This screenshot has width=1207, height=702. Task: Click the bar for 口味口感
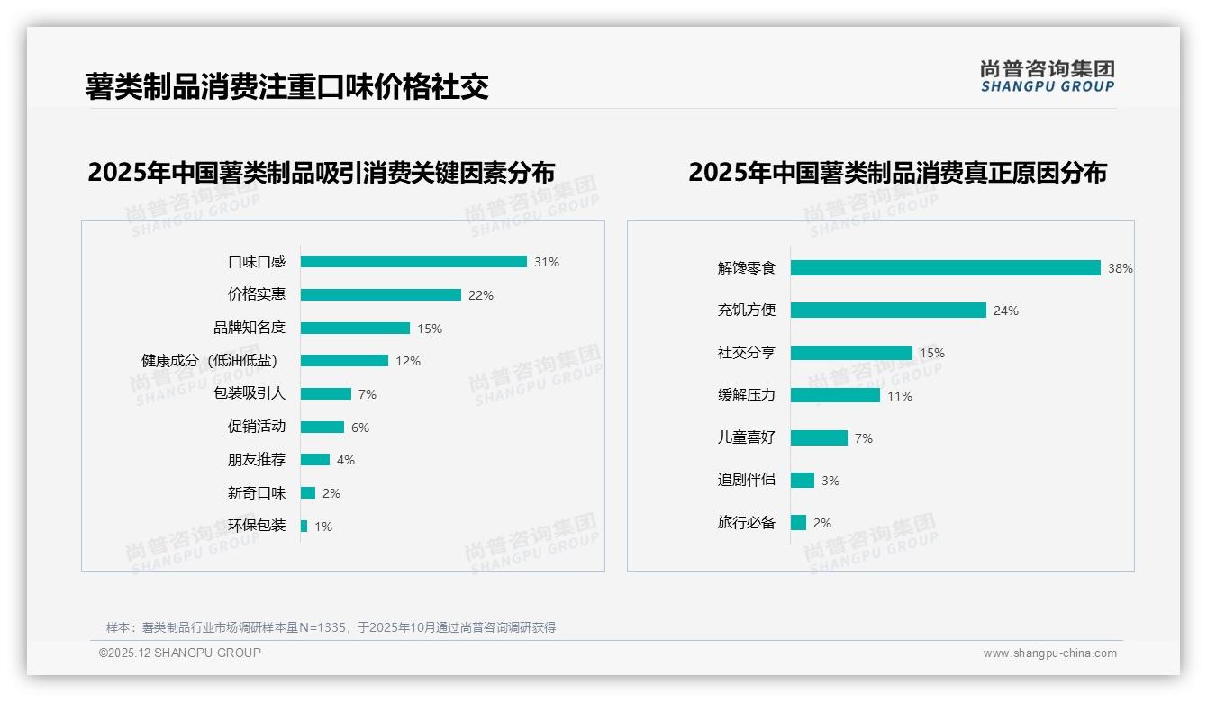(413, 262)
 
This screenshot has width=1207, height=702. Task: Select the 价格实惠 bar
(380, 295)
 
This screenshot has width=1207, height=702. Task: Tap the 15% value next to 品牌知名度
(430, 328)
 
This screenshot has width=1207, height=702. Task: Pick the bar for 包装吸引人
(325, 394)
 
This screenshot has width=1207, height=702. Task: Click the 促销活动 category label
(256, 427)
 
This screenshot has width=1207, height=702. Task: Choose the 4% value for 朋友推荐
(346, 460)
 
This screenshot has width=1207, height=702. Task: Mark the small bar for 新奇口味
(308, 493)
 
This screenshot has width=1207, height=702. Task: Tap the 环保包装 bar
(304, 526)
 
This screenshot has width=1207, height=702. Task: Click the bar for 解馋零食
(946, 268)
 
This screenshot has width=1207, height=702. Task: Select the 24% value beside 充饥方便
(1006, 310)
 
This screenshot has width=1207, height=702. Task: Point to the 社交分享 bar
(851, 353)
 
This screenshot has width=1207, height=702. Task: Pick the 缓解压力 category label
(746, 395)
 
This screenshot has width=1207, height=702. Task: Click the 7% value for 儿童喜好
(863, 438)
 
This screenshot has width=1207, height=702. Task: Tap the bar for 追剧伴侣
(803, 481)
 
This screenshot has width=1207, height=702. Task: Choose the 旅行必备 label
(746, 522)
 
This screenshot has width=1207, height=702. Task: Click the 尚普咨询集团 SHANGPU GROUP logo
(1047, 76)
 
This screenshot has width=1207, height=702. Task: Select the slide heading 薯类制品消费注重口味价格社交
(286, 86)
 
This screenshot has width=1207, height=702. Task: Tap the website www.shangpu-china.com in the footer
(1049, 653)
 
